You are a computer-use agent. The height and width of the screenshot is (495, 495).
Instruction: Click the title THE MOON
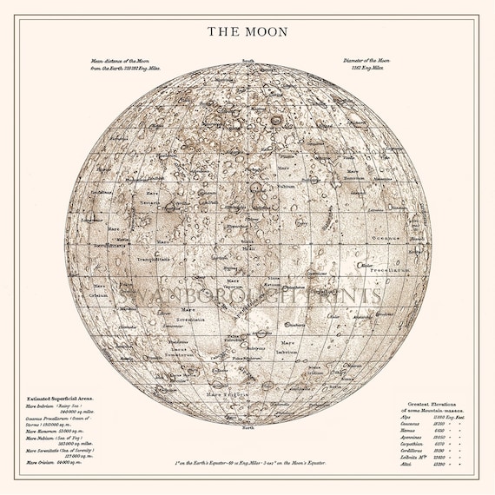[x=247, y=31]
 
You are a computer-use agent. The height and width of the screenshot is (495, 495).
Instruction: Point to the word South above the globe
[x=248, y=61]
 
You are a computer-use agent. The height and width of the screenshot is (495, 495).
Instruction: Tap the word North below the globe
[x=248, y=427]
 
